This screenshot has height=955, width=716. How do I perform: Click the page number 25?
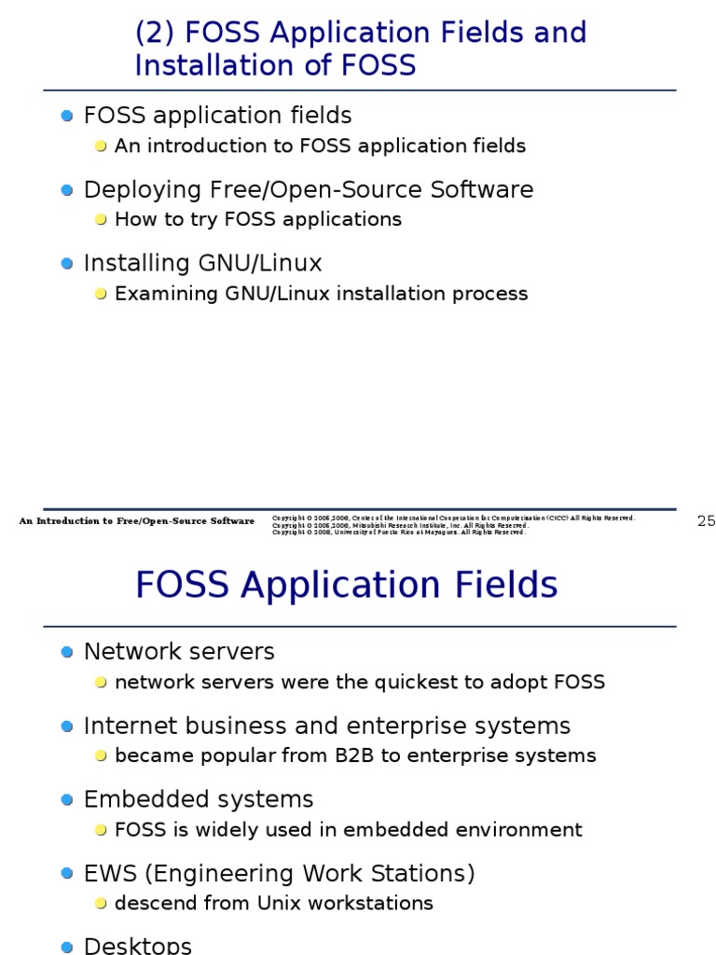coord(706,521)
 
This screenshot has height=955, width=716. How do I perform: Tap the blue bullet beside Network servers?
coord(66,652)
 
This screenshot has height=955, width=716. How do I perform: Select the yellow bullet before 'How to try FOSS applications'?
coord(101,220)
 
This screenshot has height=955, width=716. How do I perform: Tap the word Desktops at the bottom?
coord(137,945)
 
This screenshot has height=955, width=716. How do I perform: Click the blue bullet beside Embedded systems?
coord(66,800)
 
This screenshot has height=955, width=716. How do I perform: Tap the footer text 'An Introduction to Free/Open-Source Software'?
coord(136,521)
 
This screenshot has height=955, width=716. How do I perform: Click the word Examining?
coord(165,294)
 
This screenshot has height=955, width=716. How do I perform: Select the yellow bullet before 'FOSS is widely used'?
coord(101,831)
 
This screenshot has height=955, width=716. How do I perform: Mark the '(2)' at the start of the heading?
coord(156,33)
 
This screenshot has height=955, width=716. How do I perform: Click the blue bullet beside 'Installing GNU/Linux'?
coord(66,264)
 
